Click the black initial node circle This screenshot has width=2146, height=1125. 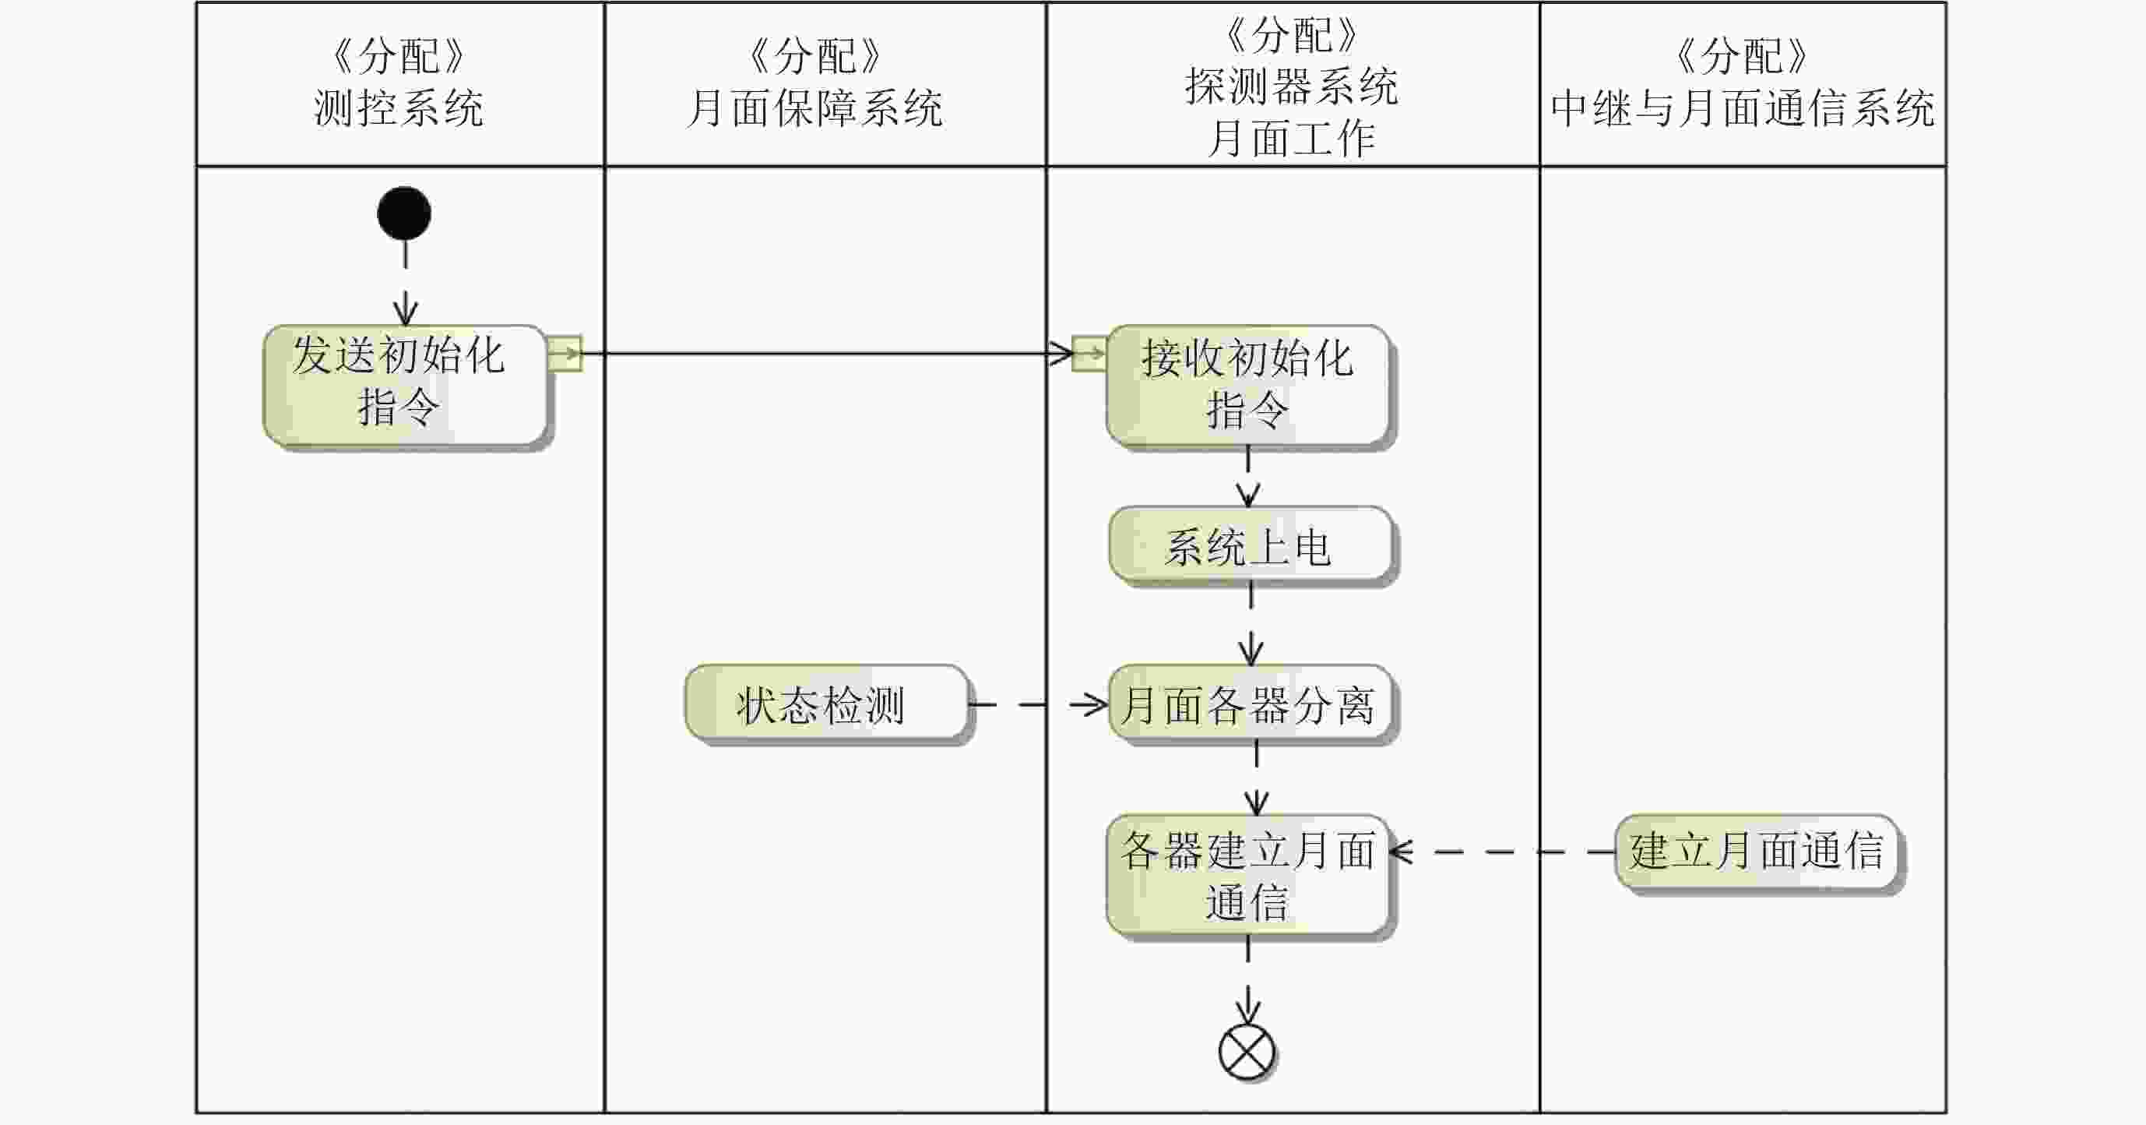click(x=404, y=213)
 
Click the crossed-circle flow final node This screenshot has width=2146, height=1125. click(x=1247, y=1053)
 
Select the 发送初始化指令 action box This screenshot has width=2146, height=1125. click(x=405, y=385)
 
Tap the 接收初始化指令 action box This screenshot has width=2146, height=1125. click(x=1247, y=386)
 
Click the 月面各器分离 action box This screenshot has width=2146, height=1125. click(x=1250, y=704)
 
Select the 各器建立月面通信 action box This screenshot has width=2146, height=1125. click(x=1247, y=875)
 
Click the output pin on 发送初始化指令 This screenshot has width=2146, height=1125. click(x=565, y=354)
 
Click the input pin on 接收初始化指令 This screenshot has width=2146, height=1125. click(x=1089, y=354)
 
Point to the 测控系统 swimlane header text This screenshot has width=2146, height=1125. click(x=398, y=108)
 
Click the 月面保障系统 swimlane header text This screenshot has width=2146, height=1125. click(x=814, y=108)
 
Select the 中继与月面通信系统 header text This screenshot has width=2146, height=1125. click(x=1743, y=108)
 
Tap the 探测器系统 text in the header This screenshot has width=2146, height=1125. click(x=1291, y=86)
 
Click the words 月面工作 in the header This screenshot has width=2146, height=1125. click(x=1291, y=139)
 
